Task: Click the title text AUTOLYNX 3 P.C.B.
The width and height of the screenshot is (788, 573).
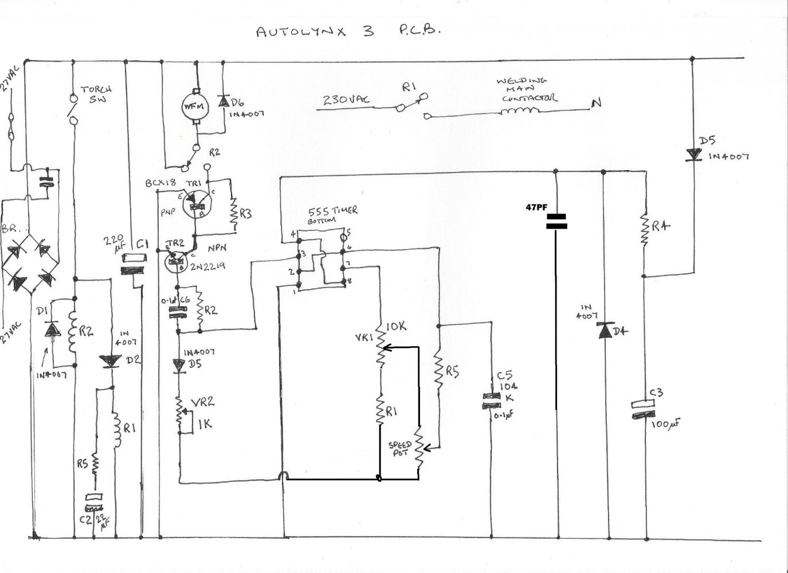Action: click(348, 32)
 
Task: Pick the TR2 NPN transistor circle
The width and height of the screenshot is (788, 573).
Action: click(175, 262)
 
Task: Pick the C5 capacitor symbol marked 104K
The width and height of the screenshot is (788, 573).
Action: click(491, 400)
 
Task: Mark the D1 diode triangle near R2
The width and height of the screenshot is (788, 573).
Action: click(53, 329)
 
